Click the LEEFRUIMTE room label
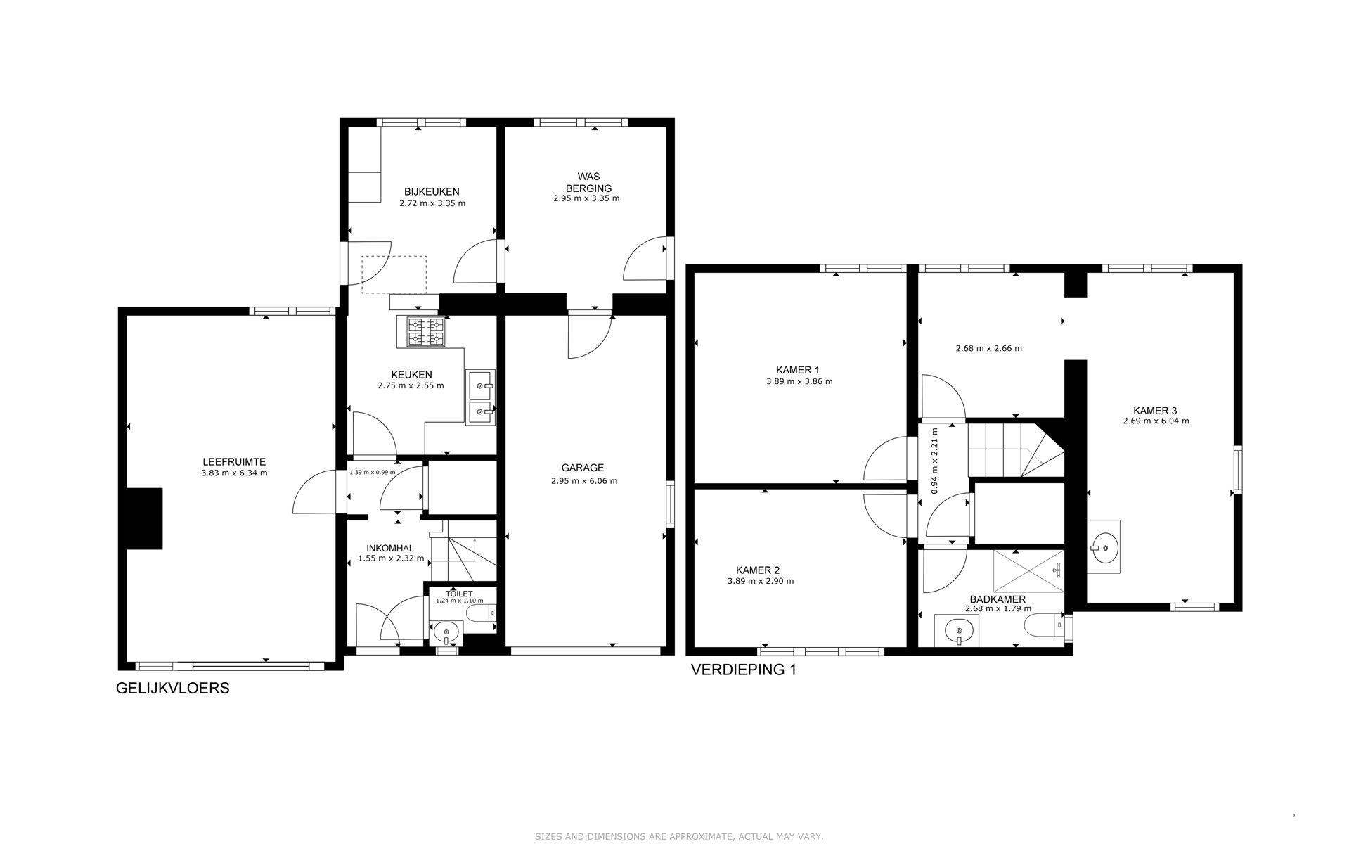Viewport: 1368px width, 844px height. coord(234,462)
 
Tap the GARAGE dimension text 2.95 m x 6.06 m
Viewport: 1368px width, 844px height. coord(583,481)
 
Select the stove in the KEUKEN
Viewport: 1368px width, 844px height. coord(427,332)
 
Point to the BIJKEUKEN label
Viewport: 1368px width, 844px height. coord(432,191)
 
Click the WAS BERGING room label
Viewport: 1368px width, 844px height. coord(588,183)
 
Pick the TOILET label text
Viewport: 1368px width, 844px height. coord(459,594)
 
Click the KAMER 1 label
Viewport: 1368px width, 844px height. coord(797,370)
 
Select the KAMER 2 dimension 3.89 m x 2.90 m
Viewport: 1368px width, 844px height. coord(761,581)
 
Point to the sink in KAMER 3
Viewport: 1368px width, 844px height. coord(1103,546)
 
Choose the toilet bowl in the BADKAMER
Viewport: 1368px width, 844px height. coord(1043,625)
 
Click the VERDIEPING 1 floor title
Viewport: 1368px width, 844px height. coord(744,670)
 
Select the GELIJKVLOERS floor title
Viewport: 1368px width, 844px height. coord(172,688)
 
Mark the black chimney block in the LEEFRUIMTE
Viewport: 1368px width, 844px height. coord(145,518)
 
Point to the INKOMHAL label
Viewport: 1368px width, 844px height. coord(390,549)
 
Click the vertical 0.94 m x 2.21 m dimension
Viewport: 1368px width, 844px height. coord(934,461)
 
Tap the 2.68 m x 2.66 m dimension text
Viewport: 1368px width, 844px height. coord(988,348)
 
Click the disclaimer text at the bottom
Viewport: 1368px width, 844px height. coord(679,836)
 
